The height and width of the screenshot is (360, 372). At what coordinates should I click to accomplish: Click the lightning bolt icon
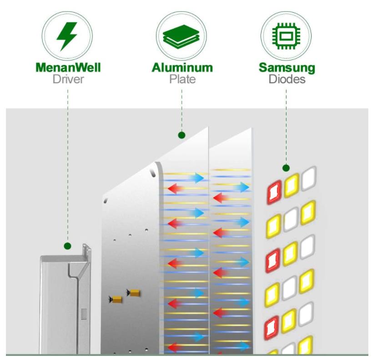click(67, 36)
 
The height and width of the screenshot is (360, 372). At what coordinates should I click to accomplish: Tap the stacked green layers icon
click(181, 37)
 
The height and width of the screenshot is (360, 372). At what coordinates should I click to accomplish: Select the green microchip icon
click(286, 37)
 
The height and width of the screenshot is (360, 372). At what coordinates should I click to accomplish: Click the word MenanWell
click(68, 68)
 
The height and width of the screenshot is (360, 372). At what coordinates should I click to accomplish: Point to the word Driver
click(68, 80)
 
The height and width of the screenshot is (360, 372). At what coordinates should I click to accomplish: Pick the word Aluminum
click(182, 68)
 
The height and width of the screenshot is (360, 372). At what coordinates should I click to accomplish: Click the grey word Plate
click(182, 80)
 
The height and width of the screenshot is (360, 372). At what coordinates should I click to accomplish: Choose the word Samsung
click(287, 68)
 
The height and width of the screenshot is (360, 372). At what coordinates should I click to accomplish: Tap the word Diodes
click(287, 80)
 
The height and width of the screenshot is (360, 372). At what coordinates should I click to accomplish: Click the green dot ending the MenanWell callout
click(67, 246)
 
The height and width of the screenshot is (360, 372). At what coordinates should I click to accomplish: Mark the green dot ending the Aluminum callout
click(181, 135)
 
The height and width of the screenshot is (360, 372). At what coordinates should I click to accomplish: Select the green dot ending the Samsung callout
click(286, 168)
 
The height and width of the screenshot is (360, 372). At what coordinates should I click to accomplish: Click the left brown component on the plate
click(116, 299)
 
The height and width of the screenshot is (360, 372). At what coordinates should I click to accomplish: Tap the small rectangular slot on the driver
click(84, 313)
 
